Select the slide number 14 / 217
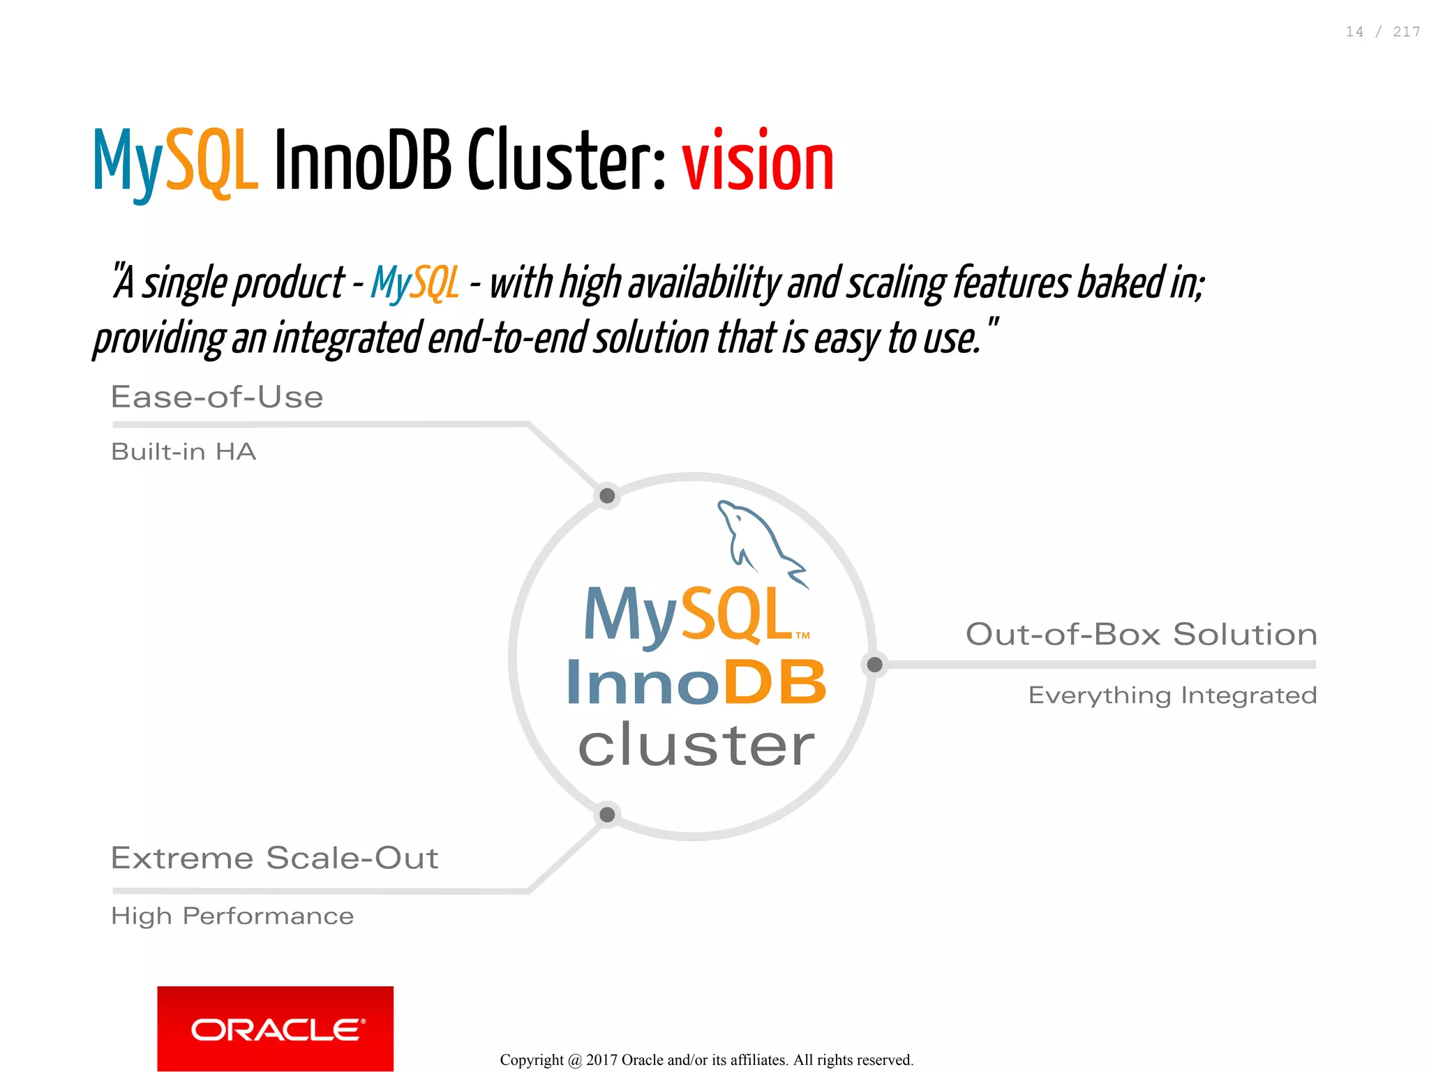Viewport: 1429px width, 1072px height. pyautogui.click(x=1382, y=32)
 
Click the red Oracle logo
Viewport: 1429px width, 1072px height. pyautogui.click(x=275, y=1028)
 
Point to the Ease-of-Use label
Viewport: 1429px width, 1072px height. pyautogui.click(x=217, y=397)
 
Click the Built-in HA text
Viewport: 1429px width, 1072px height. pyautogui.click(x=184, y=451)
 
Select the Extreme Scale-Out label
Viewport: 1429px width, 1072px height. pyautogui.click(x=274, y=857)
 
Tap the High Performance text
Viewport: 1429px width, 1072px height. pyautogui.click(x=232, y=915)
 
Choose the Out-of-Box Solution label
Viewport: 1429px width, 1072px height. pyautogui.click(x=1141, y=634)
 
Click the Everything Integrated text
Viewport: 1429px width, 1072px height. pyautogui.click(x=1172, y=695)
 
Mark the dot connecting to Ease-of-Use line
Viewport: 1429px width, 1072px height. pyautogui.click(x=607, y=496)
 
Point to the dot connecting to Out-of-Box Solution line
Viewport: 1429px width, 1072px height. pyautogui.click(x=874, y=665)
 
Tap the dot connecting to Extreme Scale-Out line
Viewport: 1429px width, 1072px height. pyautogui.click(x=607, y=814)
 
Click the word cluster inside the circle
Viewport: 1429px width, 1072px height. pyautogui.click(x=696, y=745)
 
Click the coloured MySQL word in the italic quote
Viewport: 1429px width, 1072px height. pyautogui.click(x=415, y=283)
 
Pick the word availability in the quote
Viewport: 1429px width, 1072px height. pyautogui.click(x=704, y=283)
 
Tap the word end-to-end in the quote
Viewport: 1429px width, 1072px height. pyautogui.click(x=507, y=338)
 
